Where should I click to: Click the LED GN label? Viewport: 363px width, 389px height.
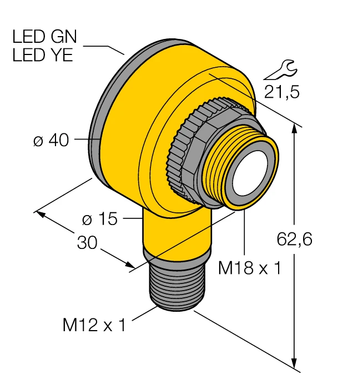(45, 37)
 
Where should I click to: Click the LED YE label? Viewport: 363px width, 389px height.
(43, 55)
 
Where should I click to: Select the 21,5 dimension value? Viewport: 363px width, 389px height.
(282, 92)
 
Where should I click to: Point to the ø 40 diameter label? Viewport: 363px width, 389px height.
(51, 141)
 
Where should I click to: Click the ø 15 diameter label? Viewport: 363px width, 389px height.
(99, 219)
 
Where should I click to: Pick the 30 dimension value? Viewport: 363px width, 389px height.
(87, 242)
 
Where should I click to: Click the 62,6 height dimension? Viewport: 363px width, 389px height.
(294, 239)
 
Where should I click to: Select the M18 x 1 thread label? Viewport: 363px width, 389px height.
(250, 268)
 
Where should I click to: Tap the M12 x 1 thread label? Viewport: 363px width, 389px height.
(94, 325)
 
